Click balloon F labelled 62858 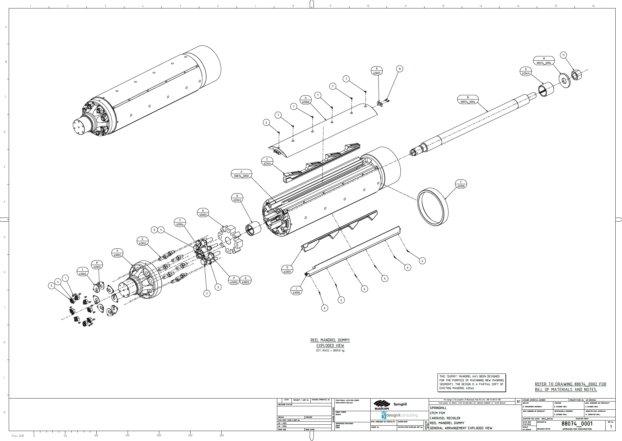coord(461,184)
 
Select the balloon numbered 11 coord(563,55)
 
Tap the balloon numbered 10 coord(400,69)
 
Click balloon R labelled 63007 coord(377,71)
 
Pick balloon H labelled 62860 coord(306,100)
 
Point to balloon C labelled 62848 coord(267,161)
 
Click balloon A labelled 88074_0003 coord(241,174)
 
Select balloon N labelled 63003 coord(203,213)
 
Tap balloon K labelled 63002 coord(117,253)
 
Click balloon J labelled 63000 coord(296,291)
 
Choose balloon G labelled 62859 coord(287,269)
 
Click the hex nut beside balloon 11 coord(576,75)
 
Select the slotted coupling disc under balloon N coord(230,239)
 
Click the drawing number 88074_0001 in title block coord(577,424)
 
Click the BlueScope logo coord(382,405)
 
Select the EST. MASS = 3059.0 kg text coord(330,351)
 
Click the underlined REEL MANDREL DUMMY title coord(330,340)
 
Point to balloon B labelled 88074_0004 coord(468,99)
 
